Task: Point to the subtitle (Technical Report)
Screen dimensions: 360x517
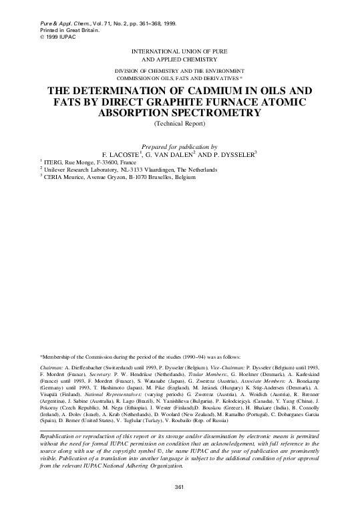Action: [180, 124]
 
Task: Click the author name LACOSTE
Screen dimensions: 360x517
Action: [135, 154]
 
